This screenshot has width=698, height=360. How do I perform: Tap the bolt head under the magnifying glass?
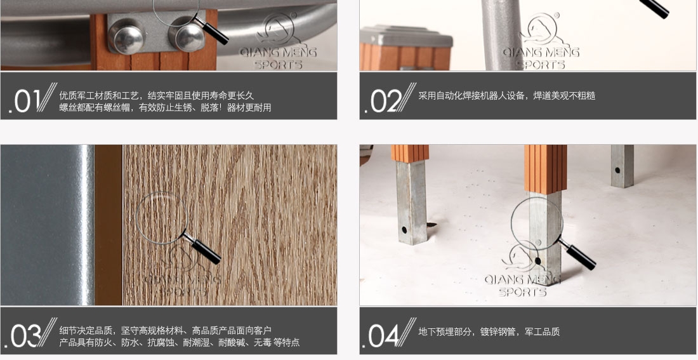[x=187, y=34]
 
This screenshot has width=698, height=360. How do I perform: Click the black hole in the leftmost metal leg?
[x=404, y=230]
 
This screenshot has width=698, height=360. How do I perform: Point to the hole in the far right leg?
[x=617, y=170]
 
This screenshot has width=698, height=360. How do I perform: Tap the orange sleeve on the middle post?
[x=545, y=169]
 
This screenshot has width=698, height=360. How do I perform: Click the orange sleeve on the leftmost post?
[x=410, y=153]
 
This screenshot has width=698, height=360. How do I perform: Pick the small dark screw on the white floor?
[x=431, y=225]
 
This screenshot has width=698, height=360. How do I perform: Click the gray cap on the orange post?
[x=406, y=36]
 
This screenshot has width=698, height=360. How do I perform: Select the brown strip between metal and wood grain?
[x=109, y=225]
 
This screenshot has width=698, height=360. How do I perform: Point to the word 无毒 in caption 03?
[x=263, y=342]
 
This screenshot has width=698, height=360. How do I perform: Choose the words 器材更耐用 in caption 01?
[x=249, y=107]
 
